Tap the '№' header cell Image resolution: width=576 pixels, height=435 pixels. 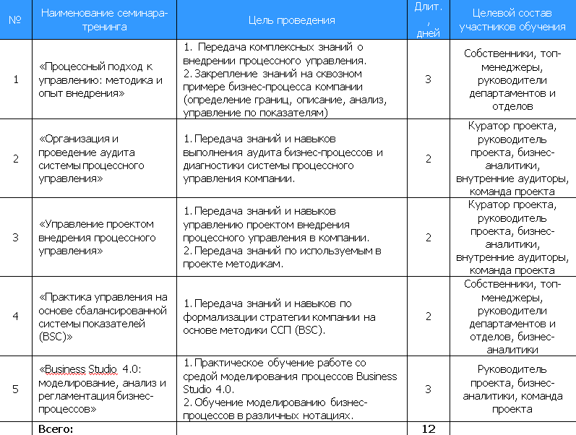(x=14, y=20)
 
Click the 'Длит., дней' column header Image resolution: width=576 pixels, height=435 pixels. (x=428, y=20)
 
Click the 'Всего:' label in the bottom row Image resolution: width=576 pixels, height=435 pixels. (x=56, y=428)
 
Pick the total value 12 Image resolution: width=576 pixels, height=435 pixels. (x=428, y=428)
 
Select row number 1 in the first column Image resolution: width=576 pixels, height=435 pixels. (x=16, y=79)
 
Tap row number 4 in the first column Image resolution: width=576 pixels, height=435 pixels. (x=16, y=316)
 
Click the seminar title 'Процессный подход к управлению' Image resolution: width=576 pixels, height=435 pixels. (x=100, y=79)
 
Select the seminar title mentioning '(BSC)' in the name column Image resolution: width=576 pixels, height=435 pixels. (x=101, y=316)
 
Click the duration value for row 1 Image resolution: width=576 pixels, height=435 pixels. (x=428, y=79)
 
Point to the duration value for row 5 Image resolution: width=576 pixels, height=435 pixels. (x=428, y=389)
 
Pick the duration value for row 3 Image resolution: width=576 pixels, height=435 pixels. (x=428, y=237)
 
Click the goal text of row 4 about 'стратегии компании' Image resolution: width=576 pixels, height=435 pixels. (x=280, y=316)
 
